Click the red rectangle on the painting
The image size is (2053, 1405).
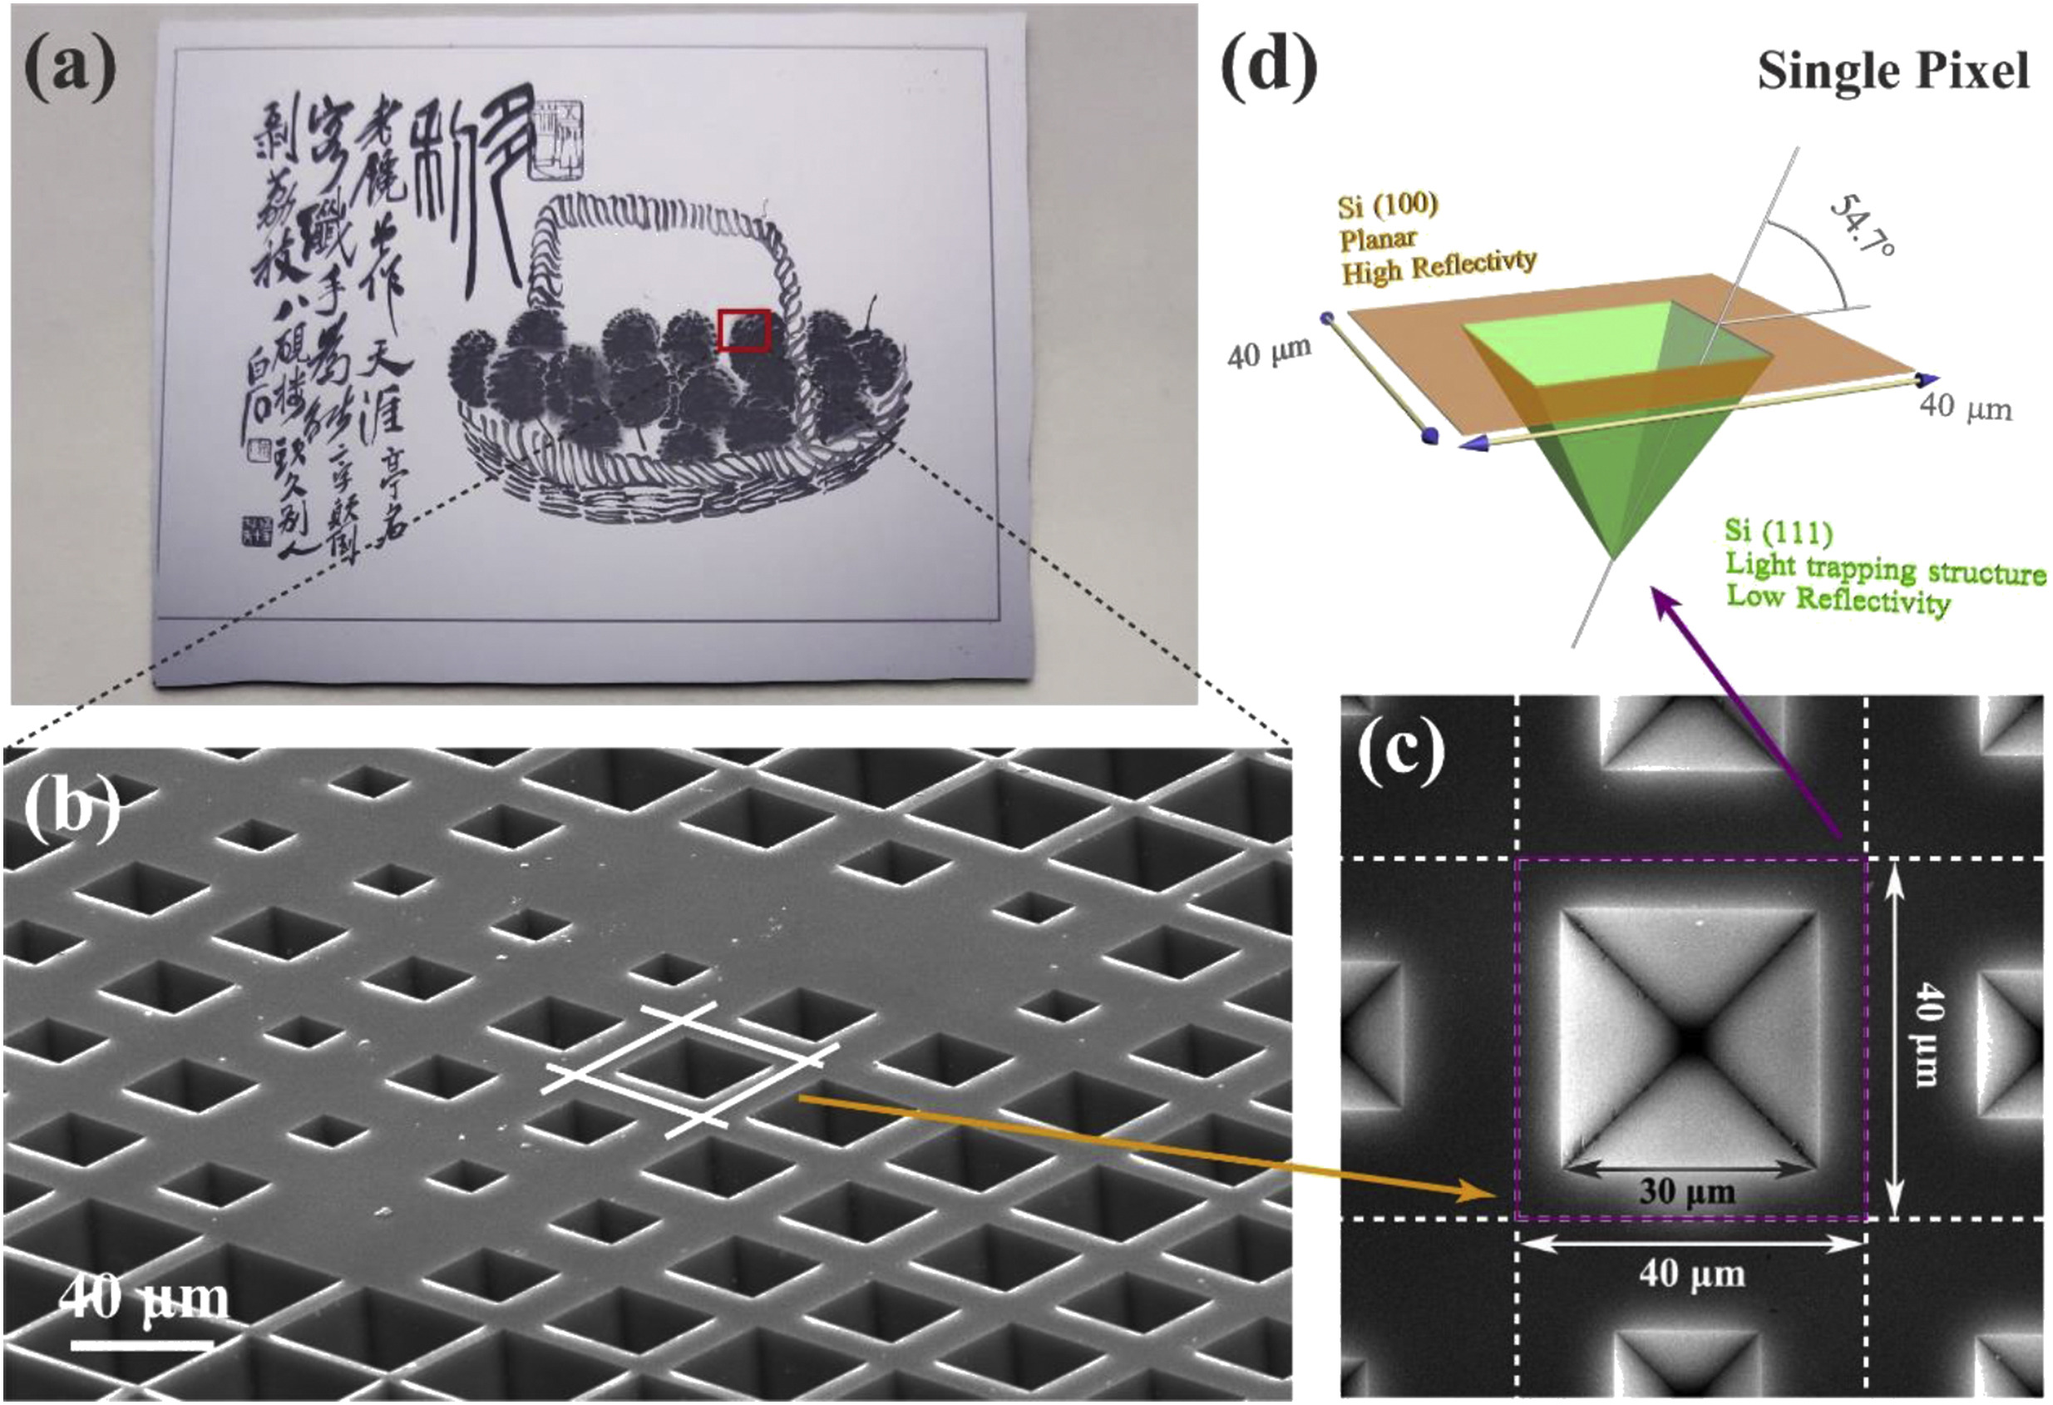click(x=744, y=329)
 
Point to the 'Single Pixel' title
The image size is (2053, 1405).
click(x=1893, y=71)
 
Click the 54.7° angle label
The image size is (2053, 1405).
click(x=1860, y=225)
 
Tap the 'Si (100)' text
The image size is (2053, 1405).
click(x=1388, y=206)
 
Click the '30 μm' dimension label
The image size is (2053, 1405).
click(x=1687, y=1192)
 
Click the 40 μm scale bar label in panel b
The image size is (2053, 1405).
click(x=146, y=1297)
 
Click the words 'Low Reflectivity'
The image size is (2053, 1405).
click(x=1838, y=600)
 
